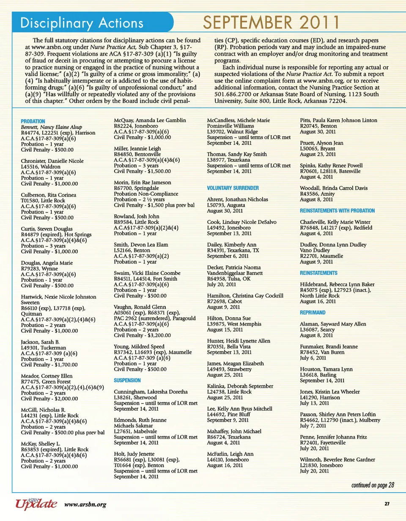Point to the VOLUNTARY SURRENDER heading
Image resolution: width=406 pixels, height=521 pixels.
coord(233,187)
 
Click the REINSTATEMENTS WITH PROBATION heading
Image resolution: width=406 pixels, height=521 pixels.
coord(337,210)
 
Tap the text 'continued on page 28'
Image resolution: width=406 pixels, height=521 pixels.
coord(373,485)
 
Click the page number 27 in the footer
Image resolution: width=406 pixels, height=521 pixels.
coord(387,504)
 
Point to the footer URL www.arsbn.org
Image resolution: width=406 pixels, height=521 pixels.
coord(85,504)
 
